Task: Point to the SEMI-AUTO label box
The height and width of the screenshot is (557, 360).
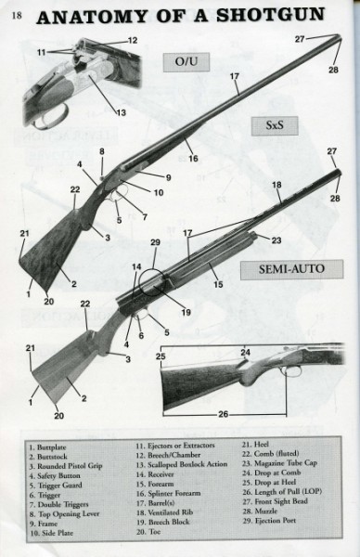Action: click(283, 272)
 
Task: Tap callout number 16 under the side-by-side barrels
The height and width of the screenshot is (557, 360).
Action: click(193, 160)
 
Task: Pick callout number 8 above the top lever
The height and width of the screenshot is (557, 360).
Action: click(101, 150)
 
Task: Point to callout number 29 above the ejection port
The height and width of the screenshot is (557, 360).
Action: click(156, 243)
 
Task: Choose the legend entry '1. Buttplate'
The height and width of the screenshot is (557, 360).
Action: click(46, 447)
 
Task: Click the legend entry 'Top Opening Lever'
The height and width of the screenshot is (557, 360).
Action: click(66, 516)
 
